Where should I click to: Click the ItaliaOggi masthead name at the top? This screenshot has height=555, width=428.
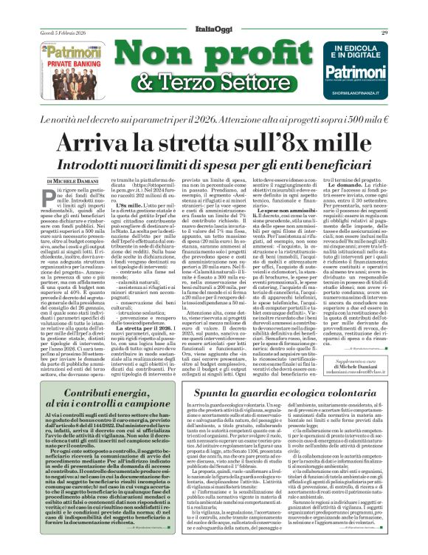(x=213, y=11)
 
